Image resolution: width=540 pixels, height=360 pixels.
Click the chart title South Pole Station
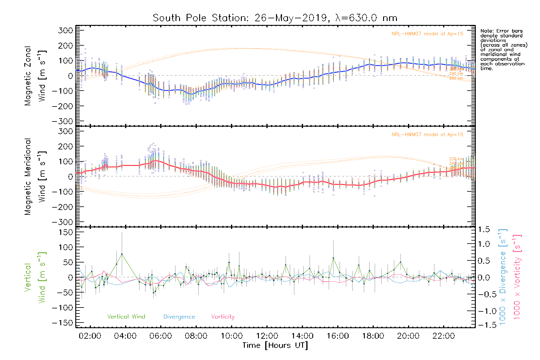(275, 18)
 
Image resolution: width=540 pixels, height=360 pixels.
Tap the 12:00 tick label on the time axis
(267, 336)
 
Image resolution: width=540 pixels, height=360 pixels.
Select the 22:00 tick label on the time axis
(444, 336)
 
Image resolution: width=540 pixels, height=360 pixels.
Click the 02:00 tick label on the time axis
(90, 336)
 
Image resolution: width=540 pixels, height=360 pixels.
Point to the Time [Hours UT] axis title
(275, 345)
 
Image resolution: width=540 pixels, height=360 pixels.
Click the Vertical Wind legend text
(126, 317)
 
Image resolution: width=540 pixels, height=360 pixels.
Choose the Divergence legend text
(179, 317)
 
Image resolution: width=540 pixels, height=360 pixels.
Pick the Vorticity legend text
(223, 317)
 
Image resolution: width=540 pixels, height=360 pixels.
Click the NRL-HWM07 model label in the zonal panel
(427, 34)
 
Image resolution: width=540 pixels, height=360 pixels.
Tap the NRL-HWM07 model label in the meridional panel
(427, 135)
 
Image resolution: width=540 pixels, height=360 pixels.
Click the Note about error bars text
(503, 49)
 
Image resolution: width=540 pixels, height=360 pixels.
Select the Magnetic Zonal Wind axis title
(35, 76)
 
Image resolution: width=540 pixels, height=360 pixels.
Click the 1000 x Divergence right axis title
(503, 277)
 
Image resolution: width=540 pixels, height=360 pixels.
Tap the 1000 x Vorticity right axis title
(517, 277)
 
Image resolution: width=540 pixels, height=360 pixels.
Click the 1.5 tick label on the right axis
(484, 229)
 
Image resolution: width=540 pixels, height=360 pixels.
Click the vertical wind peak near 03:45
(122, 254)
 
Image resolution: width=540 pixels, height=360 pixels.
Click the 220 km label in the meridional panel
(456, 159)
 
